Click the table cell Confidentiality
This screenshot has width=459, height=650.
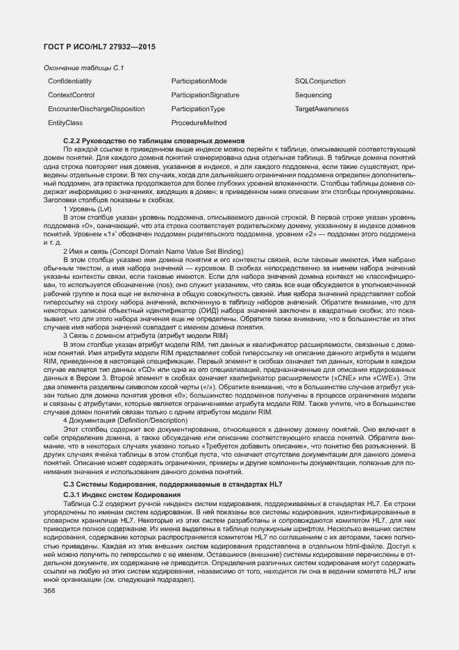70,81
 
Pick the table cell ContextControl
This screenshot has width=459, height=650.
72,95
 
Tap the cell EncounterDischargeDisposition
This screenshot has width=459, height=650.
97,109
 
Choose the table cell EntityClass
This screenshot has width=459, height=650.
66,123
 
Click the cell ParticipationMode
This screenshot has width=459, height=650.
199,81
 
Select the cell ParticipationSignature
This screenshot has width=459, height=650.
206,95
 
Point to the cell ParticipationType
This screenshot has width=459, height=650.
198,109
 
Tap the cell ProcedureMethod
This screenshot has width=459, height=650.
199,123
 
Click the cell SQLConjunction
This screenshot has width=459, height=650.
320,81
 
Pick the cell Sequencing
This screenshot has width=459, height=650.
313,95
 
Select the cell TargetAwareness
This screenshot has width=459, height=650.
322,109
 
